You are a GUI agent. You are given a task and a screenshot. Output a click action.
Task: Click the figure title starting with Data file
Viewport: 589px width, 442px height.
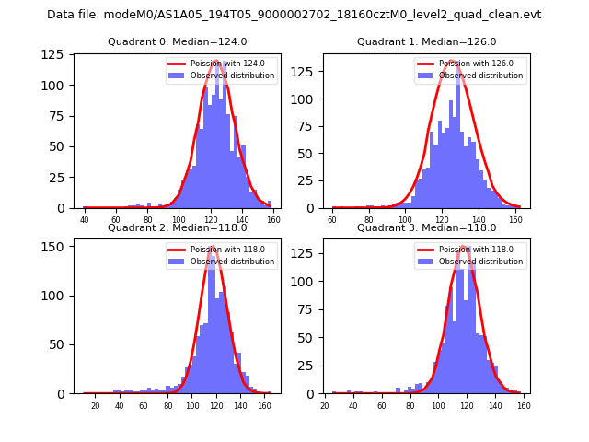pyautogui.click(x=294, y=15)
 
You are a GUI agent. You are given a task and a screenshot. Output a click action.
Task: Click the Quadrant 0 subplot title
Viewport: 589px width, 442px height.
pyautogui.click(x=177, y=41)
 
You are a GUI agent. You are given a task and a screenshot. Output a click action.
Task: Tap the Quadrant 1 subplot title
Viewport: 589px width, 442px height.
pyautogui.click(x=426, y=41)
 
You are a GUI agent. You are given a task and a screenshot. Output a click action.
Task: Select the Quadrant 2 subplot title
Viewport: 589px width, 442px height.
pyautogui.click(x=177, y=227)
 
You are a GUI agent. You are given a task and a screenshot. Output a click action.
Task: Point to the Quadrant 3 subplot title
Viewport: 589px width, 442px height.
pyautogui.click(x=426, y=227)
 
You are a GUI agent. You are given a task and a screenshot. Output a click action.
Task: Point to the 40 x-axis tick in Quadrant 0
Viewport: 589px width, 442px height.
pyautogui.click(x=85, y=220)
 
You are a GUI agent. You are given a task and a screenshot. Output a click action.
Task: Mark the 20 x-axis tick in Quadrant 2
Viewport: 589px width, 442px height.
pyautogui.click(x=95, y=406)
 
